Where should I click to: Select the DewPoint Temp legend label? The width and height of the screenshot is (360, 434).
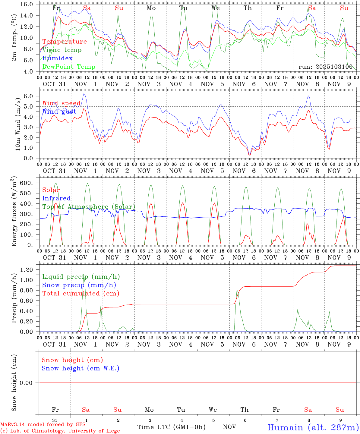69,67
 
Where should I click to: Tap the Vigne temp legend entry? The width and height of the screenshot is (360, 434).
62,50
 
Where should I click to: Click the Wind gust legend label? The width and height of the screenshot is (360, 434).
59,112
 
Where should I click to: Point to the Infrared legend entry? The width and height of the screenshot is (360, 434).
56,198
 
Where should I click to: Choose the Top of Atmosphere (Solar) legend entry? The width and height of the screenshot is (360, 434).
89,207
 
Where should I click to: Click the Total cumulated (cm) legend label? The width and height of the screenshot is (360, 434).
81,294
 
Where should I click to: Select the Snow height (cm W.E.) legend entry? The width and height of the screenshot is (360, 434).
81,368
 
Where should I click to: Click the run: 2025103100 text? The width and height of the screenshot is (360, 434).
325,67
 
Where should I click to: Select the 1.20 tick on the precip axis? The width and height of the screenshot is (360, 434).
30,270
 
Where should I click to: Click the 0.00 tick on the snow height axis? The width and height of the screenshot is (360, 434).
30,383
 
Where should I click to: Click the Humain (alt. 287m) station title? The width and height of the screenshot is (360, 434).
313,428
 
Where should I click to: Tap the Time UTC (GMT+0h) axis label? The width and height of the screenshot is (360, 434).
171,427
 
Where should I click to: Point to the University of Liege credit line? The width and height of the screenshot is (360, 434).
60,431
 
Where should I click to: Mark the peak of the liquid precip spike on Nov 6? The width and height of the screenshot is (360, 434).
237,290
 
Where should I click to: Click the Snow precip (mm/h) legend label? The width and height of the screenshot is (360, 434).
79,285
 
